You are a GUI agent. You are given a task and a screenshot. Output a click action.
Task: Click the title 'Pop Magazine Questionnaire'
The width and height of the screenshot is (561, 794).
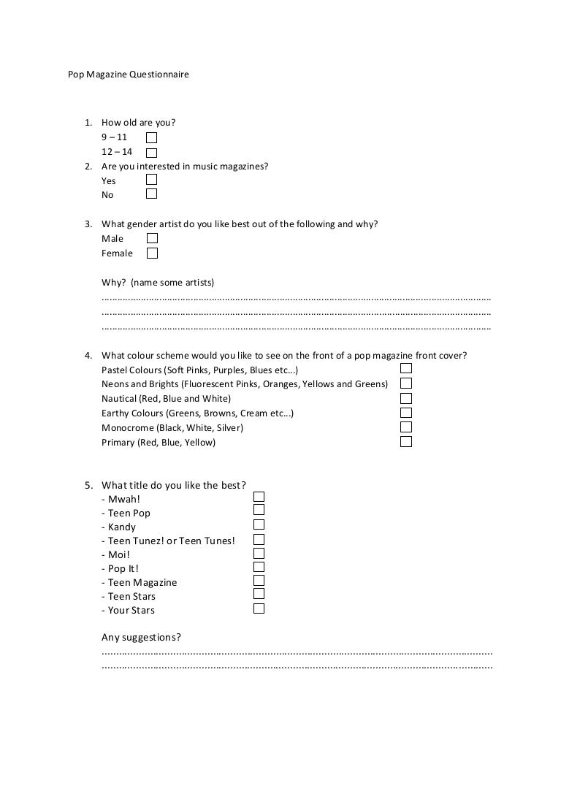[128, 75]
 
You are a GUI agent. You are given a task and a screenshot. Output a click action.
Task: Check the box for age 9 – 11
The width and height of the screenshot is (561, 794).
[151, 137]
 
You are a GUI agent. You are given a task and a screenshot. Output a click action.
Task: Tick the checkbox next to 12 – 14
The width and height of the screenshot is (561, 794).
[151, 153]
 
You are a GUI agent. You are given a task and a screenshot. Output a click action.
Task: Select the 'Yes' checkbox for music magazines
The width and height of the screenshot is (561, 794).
[151, 180]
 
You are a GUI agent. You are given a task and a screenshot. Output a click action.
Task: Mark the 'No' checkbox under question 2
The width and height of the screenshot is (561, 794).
[151, 194]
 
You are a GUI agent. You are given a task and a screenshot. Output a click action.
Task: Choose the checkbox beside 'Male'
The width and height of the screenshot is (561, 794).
[152, 238]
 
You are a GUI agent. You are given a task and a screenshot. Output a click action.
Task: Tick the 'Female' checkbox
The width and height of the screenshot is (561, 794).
[152, 253]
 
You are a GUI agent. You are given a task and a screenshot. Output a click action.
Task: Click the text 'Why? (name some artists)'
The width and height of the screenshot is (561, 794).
[158, 283]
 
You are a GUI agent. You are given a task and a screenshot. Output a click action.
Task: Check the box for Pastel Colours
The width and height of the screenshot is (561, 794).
[406, 369]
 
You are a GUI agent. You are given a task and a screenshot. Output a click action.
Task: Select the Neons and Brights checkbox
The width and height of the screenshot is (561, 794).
[406, 383]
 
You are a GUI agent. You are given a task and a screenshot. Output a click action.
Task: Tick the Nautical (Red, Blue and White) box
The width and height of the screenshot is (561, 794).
[406, 398]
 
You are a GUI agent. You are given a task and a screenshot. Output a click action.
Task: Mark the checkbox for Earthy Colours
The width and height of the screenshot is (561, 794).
[406, 413]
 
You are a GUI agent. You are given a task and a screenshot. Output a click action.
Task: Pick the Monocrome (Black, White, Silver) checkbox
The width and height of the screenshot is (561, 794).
[406, 427]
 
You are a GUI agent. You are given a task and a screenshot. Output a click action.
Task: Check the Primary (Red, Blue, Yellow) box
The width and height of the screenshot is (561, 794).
[406, 442]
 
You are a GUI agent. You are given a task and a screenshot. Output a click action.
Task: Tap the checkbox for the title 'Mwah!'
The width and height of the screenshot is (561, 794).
[259, 497]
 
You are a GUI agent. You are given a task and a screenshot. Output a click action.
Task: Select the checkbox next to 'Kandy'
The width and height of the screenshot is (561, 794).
[259, 524]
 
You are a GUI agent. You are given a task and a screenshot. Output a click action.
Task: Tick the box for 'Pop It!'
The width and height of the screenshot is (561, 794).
[259, 567]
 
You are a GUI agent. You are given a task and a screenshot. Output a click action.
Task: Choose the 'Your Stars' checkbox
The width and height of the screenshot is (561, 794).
[259, 608]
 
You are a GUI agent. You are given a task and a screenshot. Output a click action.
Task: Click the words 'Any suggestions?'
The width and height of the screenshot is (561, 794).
[141, 638]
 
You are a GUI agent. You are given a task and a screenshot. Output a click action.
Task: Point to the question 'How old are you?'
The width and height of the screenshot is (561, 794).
[138, 123]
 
